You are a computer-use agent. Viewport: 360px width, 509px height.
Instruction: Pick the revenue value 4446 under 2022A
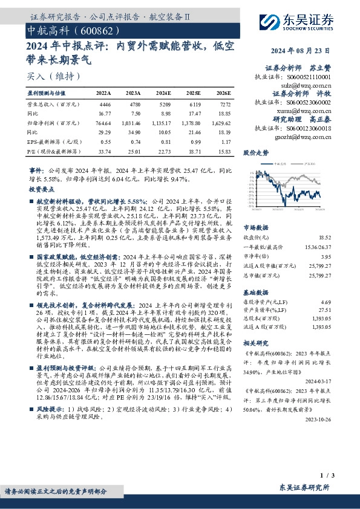coord(105,104)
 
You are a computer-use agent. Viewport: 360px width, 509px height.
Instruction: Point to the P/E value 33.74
coord(104,152)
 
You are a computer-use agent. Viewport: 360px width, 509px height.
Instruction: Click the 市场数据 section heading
coord(255,228)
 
